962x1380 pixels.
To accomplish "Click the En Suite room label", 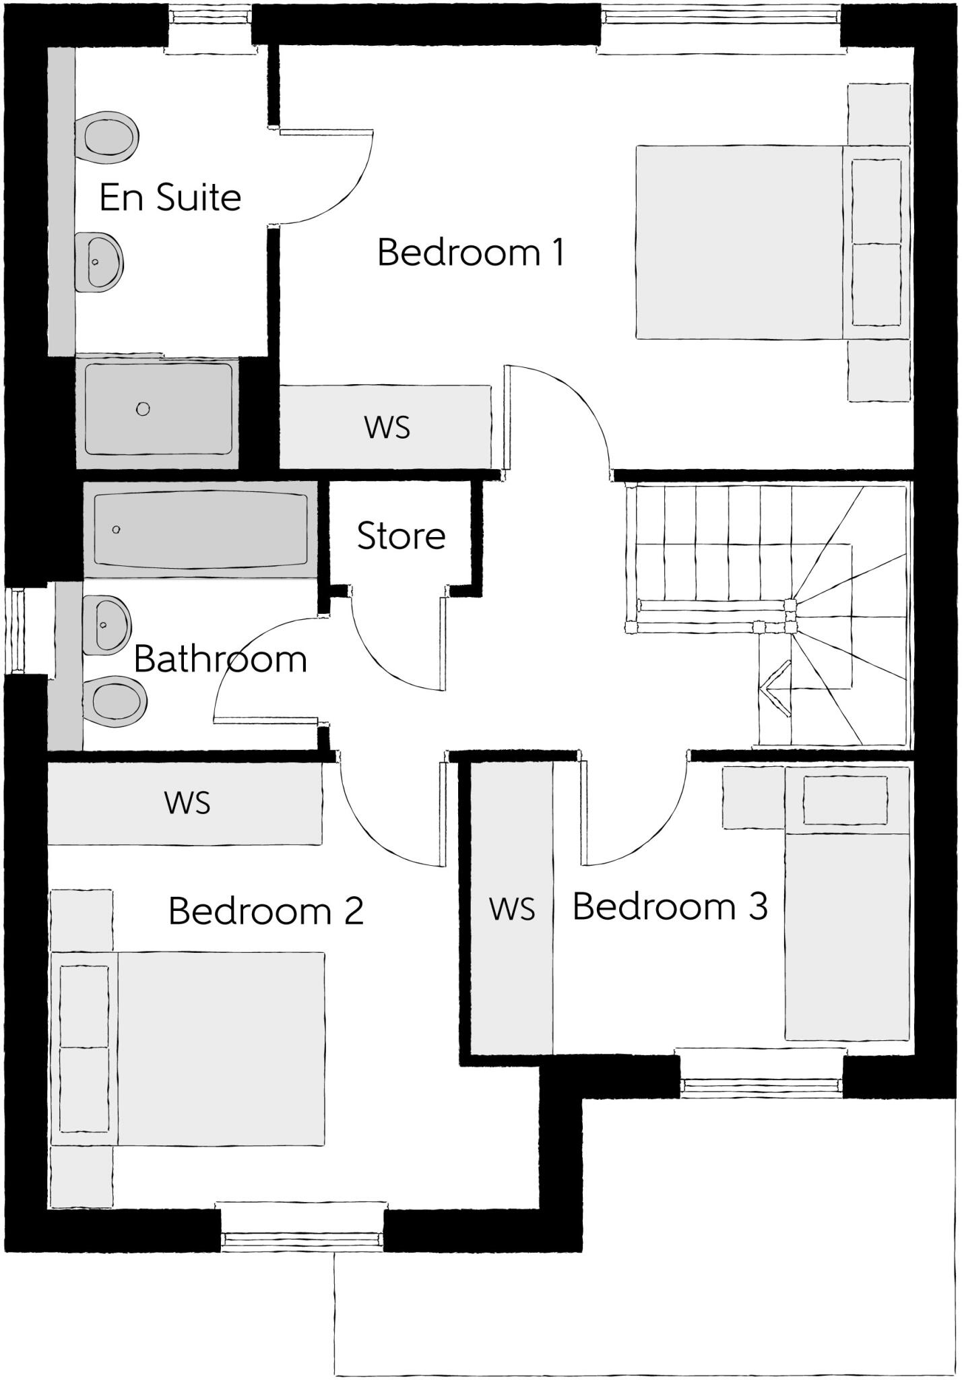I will (x=170, y=197).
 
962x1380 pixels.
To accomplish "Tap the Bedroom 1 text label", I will (x=470, y=253).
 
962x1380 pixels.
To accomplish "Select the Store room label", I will (x=401, y=536).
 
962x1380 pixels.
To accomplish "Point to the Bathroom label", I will (x=220, y=659).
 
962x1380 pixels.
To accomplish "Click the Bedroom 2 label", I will (x=266, y=911).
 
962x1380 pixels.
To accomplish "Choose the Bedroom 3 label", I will (x=670, y=906).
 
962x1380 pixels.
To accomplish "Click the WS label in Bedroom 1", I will (x=387, y=427).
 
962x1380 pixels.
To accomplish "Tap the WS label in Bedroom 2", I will (x=187, y=803).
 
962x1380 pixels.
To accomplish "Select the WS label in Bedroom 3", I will (x=512, y=909).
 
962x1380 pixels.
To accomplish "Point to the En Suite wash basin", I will (x=99, y=262).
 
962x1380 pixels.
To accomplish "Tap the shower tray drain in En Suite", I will (x=143, y=409).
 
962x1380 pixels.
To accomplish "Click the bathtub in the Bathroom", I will (x=201, y=530).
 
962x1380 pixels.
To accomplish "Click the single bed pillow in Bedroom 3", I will (x=845, y=800).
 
